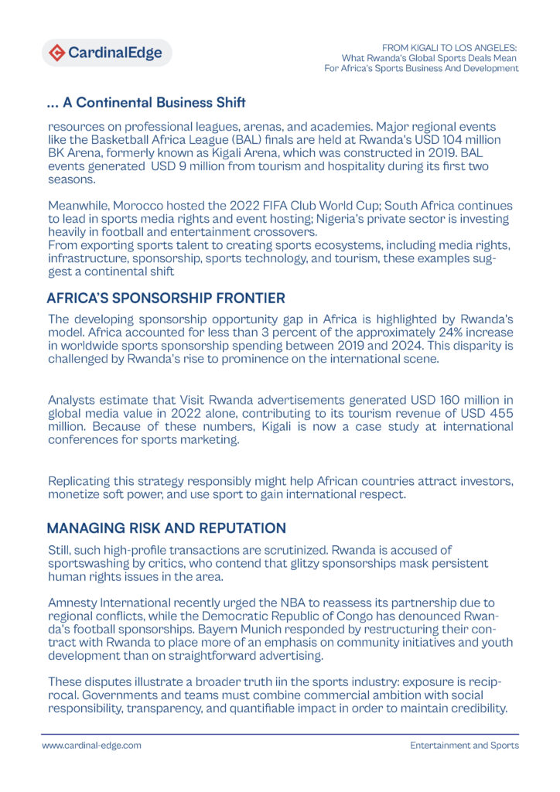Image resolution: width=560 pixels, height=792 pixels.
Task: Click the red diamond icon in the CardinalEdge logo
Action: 57,53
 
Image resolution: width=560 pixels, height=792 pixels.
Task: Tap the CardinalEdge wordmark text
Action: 115,53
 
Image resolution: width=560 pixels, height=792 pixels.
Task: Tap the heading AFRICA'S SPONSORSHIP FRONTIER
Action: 166,298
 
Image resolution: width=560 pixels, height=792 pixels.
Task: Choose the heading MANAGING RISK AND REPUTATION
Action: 166,528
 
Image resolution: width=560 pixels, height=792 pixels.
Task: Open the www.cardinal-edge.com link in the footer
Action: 91,746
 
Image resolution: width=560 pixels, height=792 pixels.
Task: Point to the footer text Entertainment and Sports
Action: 464,746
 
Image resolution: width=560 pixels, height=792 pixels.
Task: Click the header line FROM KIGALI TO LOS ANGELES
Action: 449,47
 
